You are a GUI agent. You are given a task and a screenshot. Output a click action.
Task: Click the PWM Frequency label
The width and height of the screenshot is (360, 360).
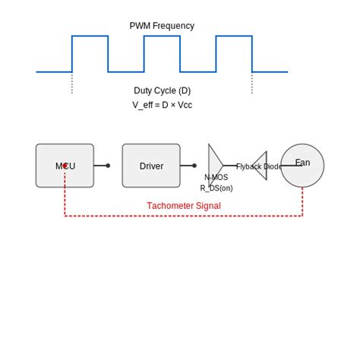pos(162,26)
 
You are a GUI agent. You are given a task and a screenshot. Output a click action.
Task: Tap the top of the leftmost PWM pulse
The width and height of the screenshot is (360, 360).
pos(90,36)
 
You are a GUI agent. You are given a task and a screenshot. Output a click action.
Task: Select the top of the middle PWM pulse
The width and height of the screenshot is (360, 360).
pos(162,36)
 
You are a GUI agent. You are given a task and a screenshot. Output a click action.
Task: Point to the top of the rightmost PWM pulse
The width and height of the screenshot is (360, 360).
pos(234,36)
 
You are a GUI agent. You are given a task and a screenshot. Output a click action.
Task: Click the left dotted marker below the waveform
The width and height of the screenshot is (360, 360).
pos(72,83)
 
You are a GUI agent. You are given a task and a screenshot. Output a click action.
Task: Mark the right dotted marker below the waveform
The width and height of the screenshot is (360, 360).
pos(252,83)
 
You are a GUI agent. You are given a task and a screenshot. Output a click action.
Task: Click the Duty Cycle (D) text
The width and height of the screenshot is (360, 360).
pos(162,90)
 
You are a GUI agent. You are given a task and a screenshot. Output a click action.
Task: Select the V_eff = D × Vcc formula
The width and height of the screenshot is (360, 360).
pos(162,106)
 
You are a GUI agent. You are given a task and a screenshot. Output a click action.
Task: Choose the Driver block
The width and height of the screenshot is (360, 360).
pos(151,166)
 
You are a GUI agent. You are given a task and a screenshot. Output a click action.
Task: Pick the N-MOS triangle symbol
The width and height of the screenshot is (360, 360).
pos(214,165)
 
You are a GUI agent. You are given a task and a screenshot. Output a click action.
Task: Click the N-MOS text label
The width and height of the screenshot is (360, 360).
pos(216,177)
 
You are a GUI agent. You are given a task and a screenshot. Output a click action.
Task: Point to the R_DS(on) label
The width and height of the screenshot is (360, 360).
pos(216,188)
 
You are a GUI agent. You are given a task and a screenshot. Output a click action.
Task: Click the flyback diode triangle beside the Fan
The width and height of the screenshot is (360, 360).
pos(261,165)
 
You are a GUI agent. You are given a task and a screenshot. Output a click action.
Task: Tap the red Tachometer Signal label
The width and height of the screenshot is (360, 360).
pos(184,206)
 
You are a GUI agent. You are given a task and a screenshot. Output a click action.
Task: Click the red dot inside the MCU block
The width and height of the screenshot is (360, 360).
pos(65,165)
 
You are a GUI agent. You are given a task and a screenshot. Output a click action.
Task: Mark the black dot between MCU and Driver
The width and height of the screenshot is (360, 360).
pos(108,166)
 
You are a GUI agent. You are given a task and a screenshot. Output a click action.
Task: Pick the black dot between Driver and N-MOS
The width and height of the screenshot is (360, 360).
pos(194,166)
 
